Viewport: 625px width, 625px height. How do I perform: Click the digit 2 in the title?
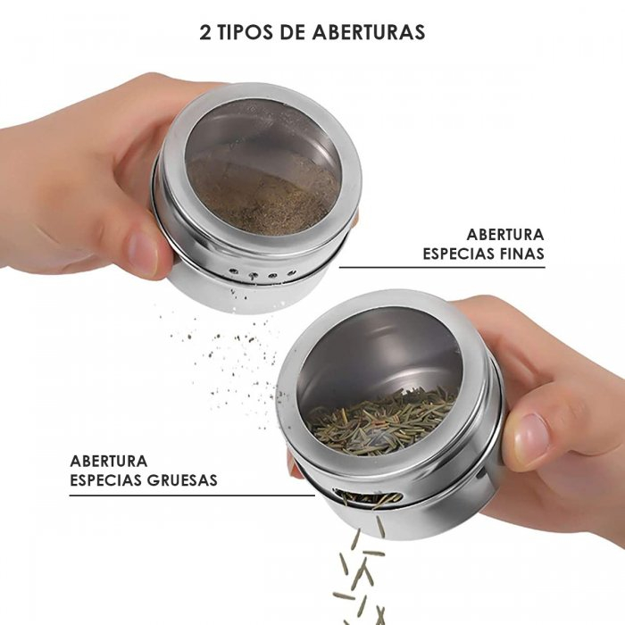click(x=205, y=33)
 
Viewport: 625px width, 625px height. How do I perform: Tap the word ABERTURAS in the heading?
click(x=369, y=33)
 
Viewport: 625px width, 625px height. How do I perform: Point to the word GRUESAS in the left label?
click(x=182, y=480)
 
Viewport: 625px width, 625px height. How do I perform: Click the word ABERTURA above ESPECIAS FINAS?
click(x=505, y=234)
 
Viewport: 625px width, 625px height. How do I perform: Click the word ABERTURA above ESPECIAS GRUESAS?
click(x=109, y=461)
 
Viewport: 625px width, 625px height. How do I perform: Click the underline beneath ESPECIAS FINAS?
click(x=442, y=268)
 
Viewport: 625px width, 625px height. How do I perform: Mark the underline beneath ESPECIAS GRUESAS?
click(x=192, y=496)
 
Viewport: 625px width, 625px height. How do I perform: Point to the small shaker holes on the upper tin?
click(x=262, y=274)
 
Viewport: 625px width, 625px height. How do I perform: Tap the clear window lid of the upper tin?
click(x=262, y=168)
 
